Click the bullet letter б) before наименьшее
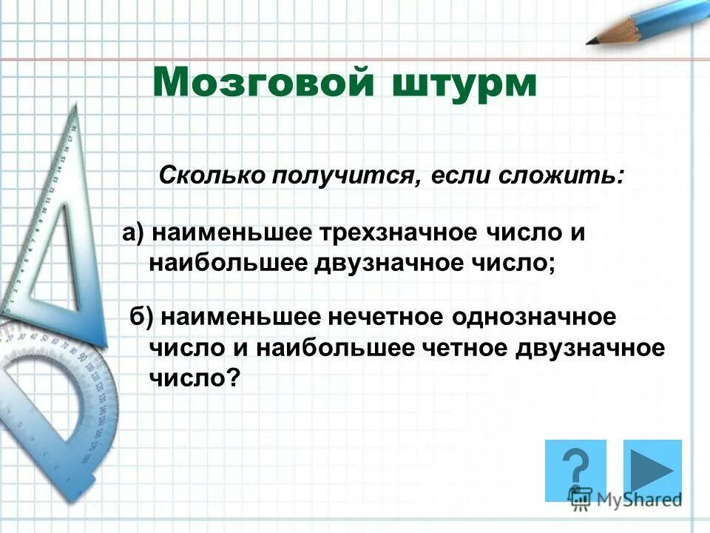point(142,317)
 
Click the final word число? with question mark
point(195,378)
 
